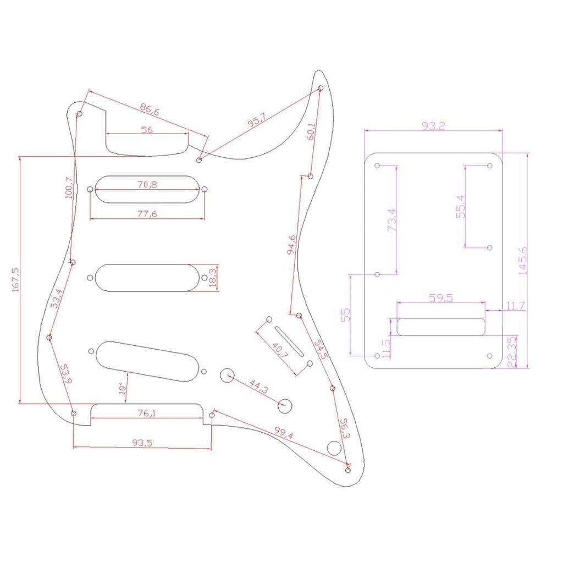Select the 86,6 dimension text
coord(149,110)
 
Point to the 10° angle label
coord(123,389)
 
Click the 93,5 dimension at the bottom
coord(142,442)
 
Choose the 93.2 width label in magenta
coord(433,126)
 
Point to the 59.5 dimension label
coord(440,299)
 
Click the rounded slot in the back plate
coord(440,327)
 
